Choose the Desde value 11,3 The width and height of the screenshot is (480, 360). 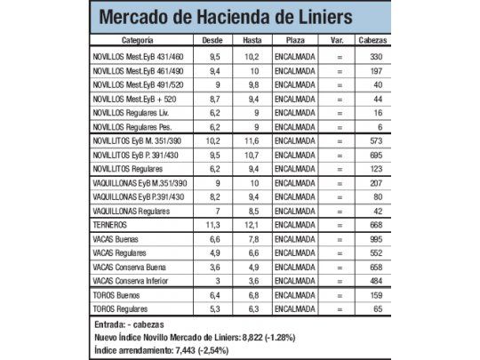[212, 226]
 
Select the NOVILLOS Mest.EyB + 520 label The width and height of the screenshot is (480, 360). [142, 100]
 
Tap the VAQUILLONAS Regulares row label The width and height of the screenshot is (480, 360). [132, 211]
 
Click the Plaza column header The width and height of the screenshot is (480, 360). [295, 41]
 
